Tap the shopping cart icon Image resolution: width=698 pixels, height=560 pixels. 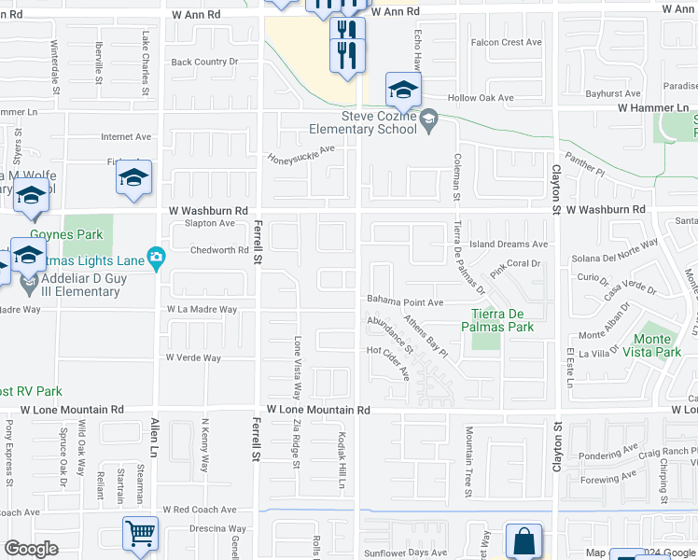[140, 534]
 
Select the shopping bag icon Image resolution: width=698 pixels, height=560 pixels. [523, 541]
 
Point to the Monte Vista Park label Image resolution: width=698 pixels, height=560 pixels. [658, 345]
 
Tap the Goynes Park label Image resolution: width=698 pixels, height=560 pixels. [58, 235]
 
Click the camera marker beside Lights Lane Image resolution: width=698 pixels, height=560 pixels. [157, 257]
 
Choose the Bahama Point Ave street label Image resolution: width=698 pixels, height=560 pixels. [404, 302]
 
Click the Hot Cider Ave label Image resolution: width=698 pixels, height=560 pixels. [388, 363]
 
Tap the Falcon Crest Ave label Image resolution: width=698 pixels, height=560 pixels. [507, 42]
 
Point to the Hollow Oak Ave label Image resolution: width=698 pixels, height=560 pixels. [481, 98]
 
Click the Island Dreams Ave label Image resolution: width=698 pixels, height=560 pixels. [509, 245]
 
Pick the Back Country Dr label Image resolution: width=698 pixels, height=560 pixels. [204, 62]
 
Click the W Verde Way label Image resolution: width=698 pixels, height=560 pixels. [193, 357]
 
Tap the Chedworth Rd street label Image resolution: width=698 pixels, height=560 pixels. [219, 250]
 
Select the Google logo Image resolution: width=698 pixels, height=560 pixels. [31, 549]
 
